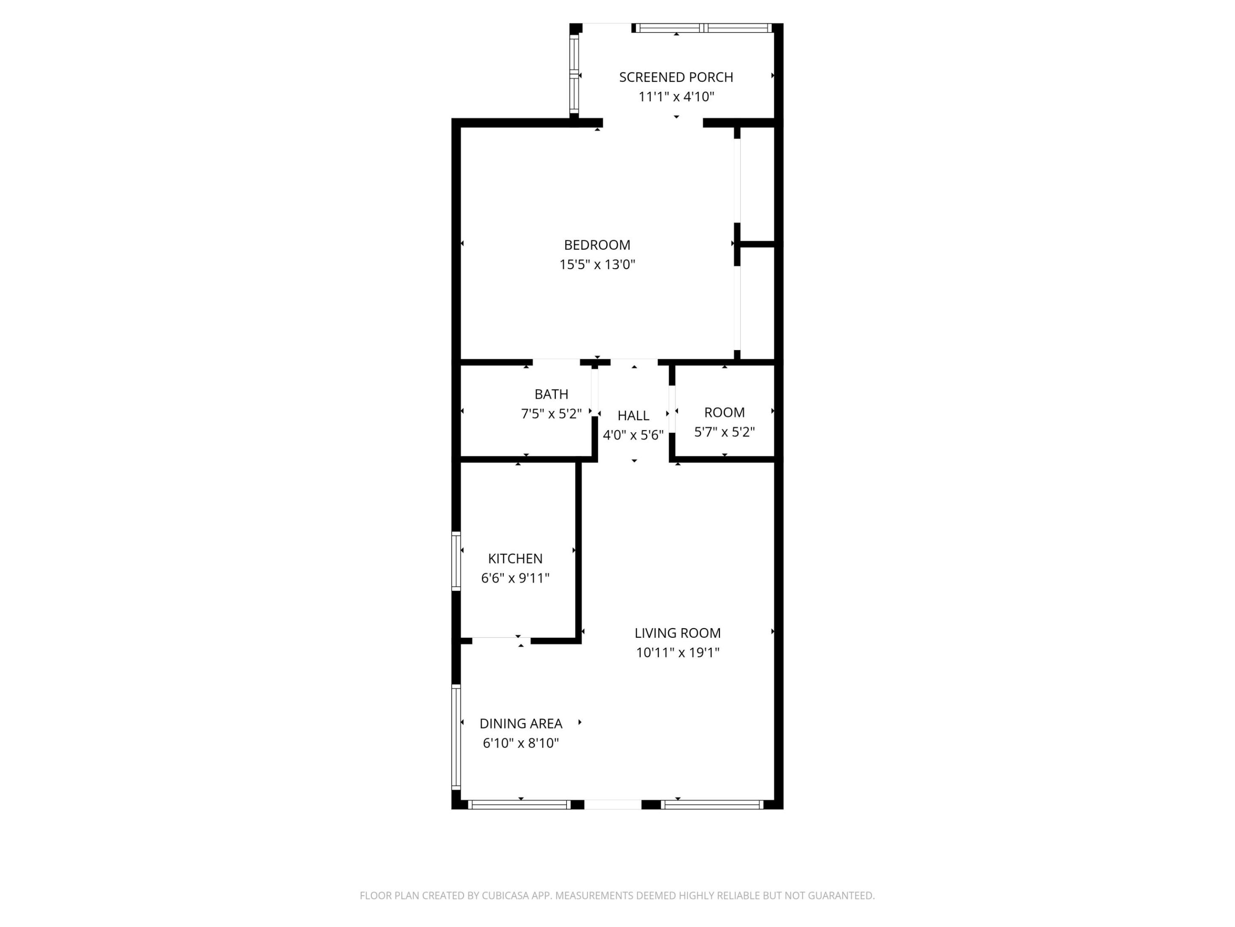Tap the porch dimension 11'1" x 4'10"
click(676, 97)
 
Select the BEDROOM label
click(597, 245)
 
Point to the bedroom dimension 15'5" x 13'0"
click(597, 264)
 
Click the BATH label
click(551, 394)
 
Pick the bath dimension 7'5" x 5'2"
click(551, 413)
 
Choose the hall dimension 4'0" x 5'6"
click(633, 435)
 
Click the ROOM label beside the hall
click(724, 412)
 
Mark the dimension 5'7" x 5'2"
click(724, 432)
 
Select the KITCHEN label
click(515, 558)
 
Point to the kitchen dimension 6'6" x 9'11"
click(515, 578)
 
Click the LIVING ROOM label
click(677, 633)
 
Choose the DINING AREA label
click(520, 724)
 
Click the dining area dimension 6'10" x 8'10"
click(520, 743)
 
